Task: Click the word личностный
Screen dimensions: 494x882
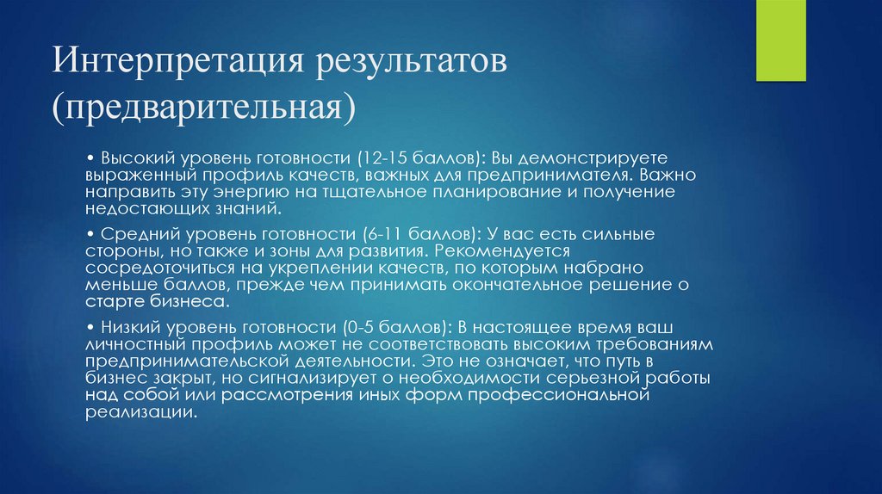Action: (x=130, y=344)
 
